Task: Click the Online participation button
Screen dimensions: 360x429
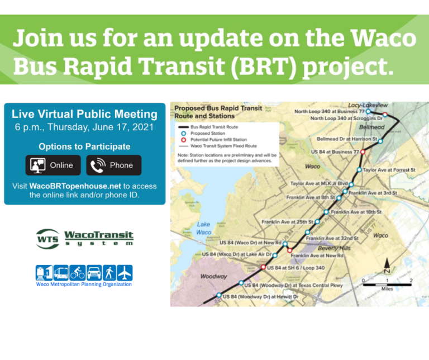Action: pyautogui.click(x=54, y=165)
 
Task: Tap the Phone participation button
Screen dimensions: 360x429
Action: pyautogui.click(x=113, y=165)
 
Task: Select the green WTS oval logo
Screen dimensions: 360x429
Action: pyautogui.click(x=47, y=239)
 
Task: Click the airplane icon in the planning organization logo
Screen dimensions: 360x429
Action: pyautogui.click(x=125, y=273)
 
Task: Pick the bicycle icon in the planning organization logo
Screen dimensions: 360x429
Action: pyautogui.click(x=77, y=273)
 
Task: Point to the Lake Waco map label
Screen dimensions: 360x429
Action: pyautogui.click(x=203, y=228)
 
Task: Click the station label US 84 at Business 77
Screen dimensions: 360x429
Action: pyautogui.click(x=335, y=151)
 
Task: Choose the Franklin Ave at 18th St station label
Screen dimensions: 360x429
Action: pyautogui.click(x=356, y=212)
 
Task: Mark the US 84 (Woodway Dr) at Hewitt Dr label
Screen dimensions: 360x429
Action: pyautogui.click(x=260, y=296)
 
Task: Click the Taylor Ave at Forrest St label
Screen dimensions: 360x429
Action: pyautogui.click(x=389, y=169)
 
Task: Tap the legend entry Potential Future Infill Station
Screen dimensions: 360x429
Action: pyautogui.click(x=218, y=140)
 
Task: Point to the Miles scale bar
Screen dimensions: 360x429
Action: pyautogui.click(x=387, y=284)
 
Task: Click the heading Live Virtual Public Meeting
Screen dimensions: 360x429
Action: pyautogui.click(x=84, y=115)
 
